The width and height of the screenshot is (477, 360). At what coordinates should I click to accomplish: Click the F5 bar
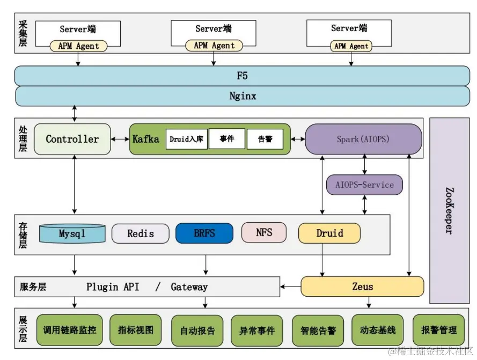[242, 76]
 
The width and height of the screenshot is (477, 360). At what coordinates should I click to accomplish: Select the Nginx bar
[242, 97]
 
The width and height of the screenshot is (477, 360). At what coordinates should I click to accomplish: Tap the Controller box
[72, 139]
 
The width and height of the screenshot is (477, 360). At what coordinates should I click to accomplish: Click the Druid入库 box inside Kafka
[186, 139]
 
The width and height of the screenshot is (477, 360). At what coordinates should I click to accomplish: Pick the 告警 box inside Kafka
[265, 139]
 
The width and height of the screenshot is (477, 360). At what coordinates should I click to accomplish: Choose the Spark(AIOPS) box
[363, 139]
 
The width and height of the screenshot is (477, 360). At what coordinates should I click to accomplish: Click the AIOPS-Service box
[364, 185]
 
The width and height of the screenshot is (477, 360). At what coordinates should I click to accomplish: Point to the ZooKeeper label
[449, 210]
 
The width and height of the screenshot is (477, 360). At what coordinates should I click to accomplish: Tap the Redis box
[141, 233]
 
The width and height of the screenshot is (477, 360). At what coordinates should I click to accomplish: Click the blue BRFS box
[204, 233]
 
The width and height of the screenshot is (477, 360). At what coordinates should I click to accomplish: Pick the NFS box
[264, 232]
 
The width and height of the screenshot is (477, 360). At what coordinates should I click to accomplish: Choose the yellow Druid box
[329, 233]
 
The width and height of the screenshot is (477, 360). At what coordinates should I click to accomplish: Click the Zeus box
[362, 286]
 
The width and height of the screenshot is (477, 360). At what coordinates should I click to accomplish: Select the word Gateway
[189, 287]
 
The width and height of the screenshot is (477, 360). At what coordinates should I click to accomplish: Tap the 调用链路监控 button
[70, 329]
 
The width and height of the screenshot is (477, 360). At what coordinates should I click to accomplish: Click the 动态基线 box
[377, 329]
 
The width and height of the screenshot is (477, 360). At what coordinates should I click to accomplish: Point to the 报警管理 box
[439, 329]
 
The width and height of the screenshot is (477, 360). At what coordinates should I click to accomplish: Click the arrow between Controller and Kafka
[120, 139]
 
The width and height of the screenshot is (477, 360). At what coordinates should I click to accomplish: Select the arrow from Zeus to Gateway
[290, 286]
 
